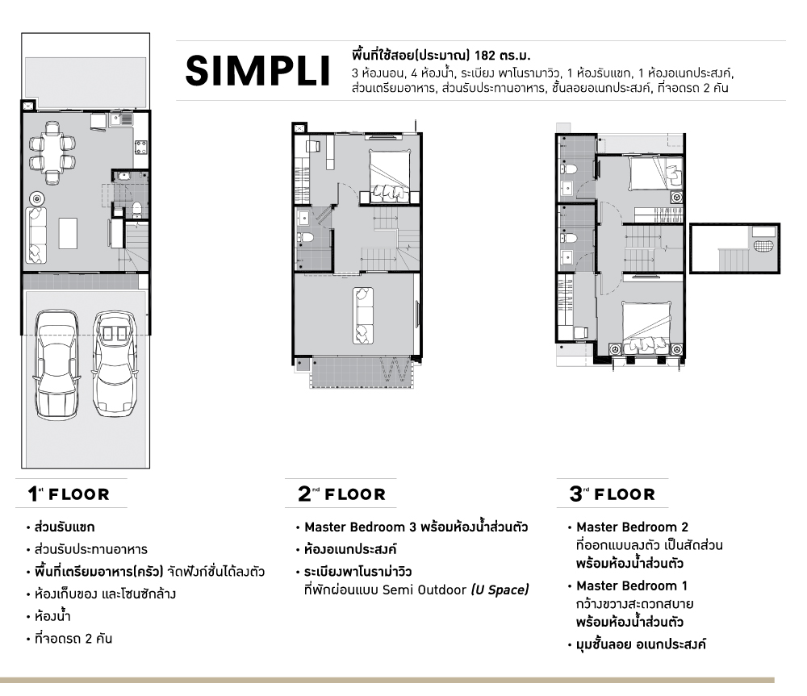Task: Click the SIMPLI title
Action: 257,71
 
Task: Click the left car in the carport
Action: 56,364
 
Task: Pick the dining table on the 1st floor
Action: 52,152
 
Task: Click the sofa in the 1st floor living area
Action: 36,235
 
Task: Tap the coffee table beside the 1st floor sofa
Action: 68,233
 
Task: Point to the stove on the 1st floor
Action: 141,147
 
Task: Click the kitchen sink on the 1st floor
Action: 122,120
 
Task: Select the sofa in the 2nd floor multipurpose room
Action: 363,315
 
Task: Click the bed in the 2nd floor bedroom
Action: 390,177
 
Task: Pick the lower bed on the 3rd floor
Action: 646,327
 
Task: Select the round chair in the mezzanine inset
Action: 763,245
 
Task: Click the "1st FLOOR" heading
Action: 69,494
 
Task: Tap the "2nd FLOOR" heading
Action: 341,494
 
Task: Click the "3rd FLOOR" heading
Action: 612,494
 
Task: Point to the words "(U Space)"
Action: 500,590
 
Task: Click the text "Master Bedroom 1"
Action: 632,586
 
